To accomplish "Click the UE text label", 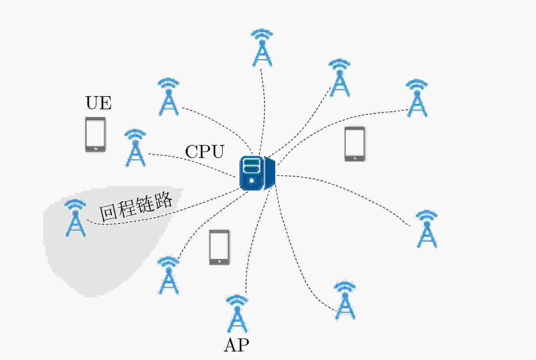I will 98,103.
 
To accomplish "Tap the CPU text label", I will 204,152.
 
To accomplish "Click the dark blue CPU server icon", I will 257,173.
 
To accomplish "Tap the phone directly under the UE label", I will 96,134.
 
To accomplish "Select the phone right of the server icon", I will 355,144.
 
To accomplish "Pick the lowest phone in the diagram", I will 219,247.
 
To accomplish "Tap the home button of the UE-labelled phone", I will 96,148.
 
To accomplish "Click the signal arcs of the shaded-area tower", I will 75,204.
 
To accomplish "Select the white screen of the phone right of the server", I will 355,142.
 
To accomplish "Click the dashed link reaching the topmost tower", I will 264,108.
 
